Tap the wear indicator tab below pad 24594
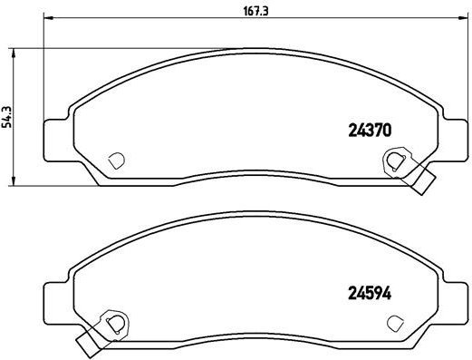[x=88, y=344]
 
